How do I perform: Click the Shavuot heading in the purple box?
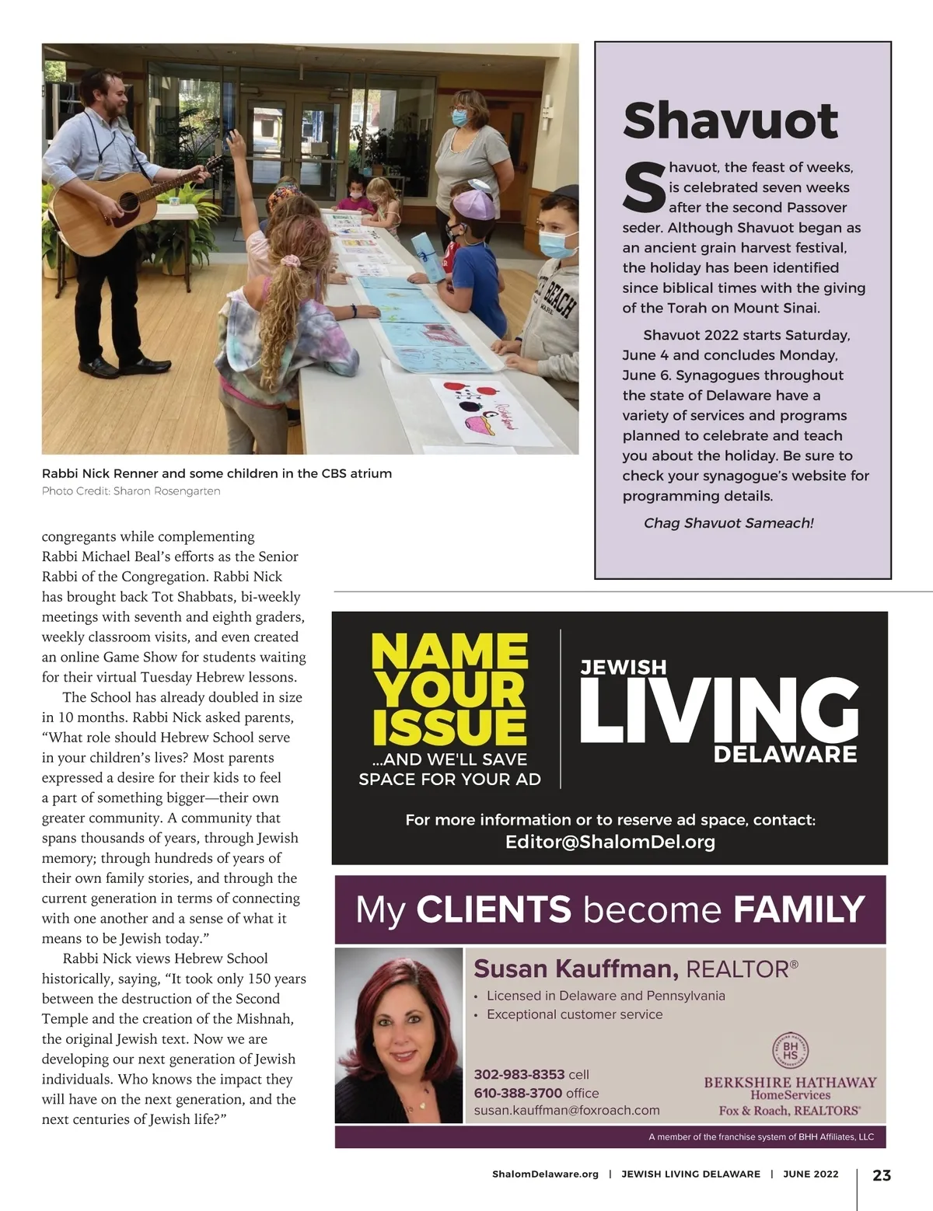730,120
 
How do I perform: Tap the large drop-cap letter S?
644,187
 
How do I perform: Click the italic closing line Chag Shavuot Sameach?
728,523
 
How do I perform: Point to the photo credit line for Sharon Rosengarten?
131,491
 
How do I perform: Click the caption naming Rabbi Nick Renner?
216,473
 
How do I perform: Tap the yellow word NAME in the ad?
450,652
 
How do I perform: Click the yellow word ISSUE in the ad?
449,727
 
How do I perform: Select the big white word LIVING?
718,709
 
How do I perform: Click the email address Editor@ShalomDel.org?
610,842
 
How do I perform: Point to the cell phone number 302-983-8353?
519,1074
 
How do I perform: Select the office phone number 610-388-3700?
519,1093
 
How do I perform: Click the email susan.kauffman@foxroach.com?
567,1111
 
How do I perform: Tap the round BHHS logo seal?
790,1052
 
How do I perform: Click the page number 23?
882,1174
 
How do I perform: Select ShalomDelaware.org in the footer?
545,1174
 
